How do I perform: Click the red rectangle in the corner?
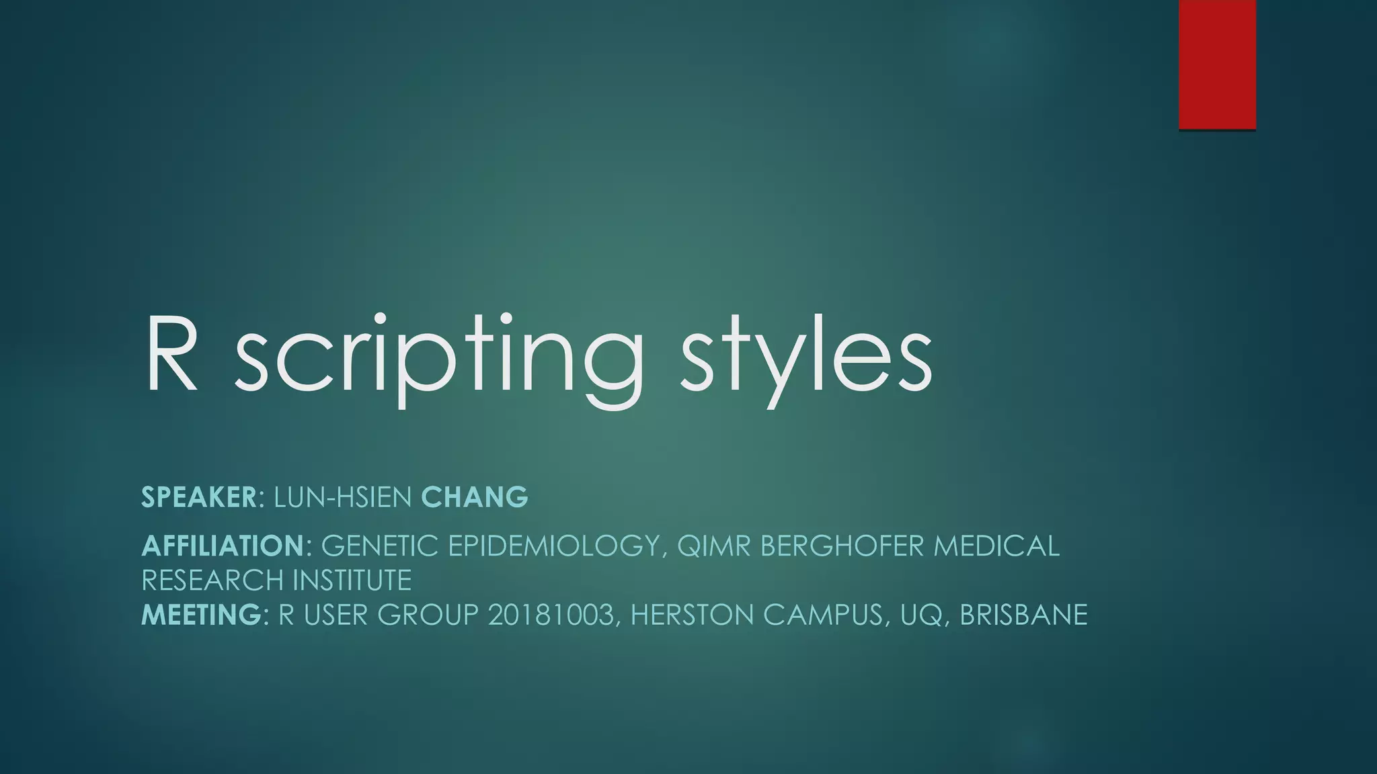(1217, 64)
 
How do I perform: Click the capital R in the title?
(171, 353)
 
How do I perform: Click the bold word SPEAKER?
(199, 498)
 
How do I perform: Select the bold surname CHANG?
(475, 498)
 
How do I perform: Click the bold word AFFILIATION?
(223, 546)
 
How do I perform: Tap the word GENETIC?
(380, 546)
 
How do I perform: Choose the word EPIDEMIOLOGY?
(553, 546)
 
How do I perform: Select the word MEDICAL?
(996, 546)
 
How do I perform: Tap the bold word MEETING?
(201, 615)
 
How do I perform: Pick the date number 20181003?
(551, 615)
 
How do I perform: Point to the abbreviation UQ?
(918, 615)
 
